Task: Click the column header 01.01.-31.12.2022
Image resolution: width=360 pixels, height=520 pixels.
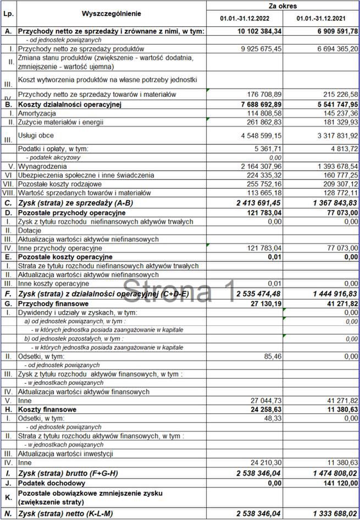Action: click(245, 19)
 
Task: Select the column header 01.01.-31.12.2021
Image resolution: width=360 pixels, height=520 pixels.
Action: click(322, 19)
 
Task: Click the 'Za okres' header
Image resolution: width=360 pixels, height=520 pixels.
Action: click(283, 6)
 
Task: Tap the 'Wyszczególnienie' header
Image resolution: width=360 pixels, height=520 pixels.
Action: click(111, 13)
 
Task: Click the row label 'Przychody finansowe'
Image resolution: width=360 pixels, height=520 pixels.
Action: click(53, 303)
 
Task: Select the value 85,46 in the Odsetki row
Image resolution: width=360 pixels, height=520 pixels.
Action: click(273, 356)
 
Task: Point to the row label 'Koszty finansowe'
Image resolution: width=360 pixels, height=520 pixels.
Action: click(47, 409)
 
